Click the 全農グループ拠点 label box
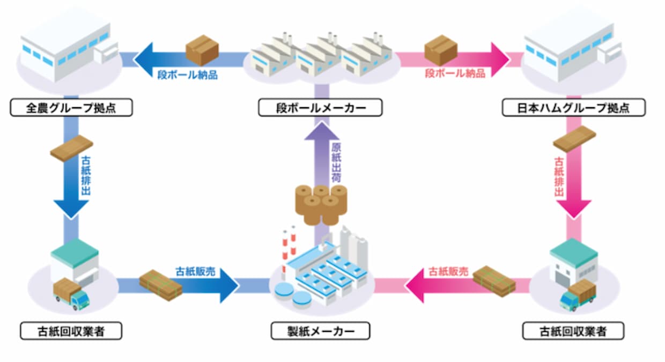(x=71, y=108)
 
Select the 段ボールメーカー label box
(x=320, y=108)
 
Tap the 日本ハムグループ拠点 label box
(x=573, y=108)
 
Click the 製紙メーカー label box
(x=320, y=331)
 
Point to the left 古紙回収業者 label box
(x=71, y=331)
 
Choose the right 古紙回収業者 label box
(x=573, y=331)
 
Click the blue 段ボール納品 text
(x=187, y=74)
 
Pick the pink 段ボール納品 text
(x=455, y=73)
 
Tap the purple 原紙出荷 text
(x=336, y=161)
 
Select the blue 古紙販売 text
(x=195, y=271)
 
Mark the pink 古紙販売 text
(x=448, y=272)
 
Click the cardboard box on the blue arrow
(x=202, y=50)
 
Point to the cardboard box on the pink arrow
(x=441, y=50)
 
